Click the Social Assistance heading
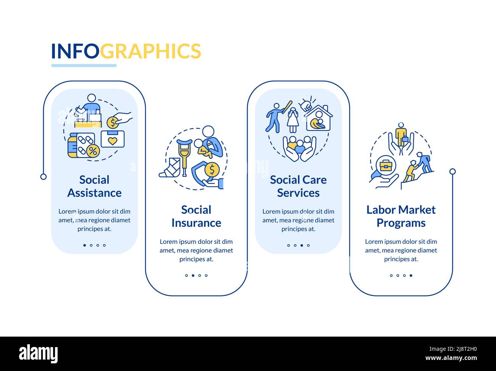click(94, 186)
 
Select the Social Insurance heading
click(196, 216)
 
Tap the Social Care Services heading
click(298, 186)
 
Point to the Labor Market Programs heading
click(401, 216)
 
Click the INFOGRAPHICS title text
click(126, 51)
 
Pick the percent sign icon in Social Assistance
click(92, 151)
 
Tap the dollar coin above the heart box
click(113, 123)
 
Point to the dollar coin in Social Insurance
click(212, 168)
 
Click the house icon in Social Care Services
click(317, 119)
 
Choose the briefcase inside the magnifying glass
click(386, 166)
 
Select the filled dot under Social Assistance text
click(85, 245)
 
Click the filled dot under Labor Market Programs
click(411, 275)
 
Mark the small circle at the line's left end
click(43, 177)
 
